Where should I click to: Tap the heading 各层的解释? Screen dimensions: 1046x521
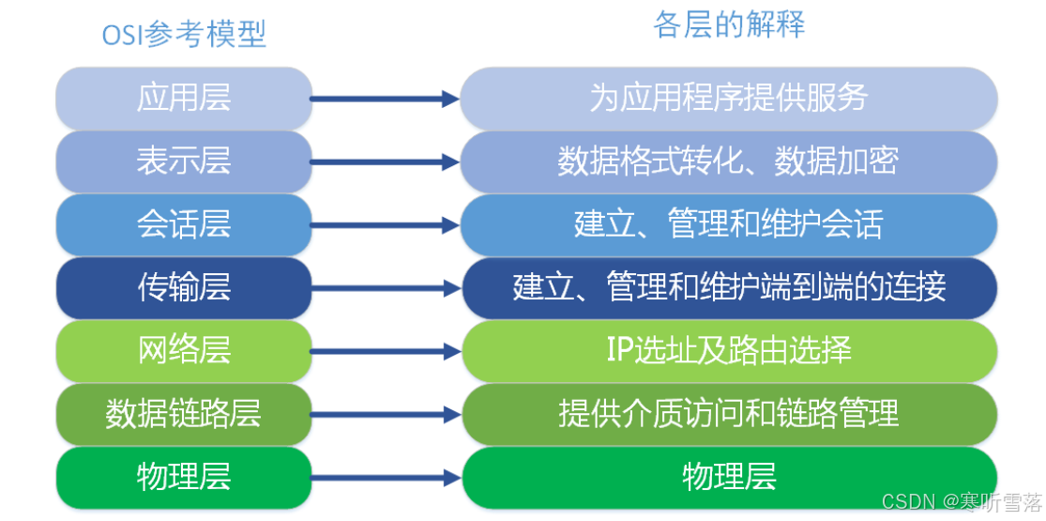click(729, 24)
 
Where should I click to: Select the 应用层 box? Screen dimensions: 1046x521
click(184, 99)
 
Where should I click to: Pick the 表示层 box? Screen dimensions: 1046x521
click(184, 161)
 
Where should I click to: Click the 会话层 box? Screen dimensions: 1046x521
click(184, 224)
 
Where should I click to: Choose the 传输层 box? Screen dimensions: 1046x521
click(184, 288)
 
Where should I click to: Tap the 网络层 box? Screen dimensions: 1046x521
click(184, 351)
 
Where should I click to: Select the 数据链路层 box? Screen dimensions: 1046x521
click(184, 414)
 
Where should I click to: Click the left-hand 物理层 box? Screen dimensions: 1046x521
click(184, 477)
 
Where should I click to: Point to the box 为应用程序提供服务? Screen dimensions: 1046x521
click(729, 99)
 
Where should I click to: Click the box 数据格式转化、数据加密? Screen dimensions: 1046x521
click(729, 161)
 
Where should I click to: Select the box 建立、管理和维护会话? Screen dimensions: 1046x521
click(729, 224)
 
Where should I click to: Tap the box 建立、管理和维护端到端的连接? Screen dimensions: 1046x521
click(729, 288)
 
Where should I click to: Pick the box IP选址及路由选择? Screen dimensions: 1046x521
click(729, 351)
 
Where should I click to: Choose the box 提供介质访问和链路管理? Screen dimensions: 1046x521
click(729, 414)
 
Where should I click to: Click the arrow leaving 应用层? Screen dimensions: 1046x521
click(385, 100)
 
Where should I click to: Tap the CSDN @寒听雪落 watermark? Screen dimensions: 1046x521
click(962, 500)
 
